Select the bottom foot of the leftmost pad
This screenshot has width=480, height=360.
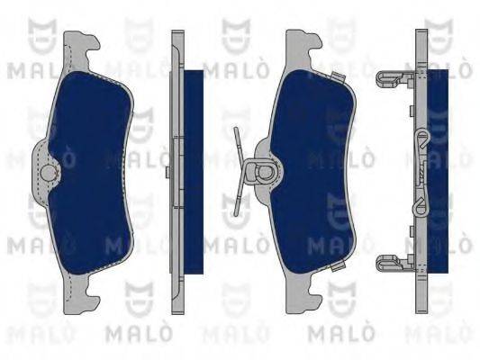[81, 292]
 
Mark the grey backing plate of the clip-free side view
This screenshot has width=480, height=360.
[177, 171]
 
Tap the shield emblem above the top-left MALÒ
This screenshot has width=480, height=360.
[36, 31]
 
